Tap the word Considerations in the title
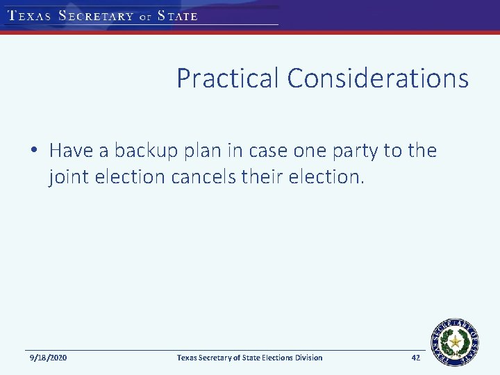[378, 78]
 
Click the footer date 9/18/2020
[49, 358]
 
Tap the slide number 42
[416, 358]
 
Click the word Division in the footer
[306, 358]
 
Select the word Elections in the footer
[267, 358]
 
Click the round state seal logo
[456, 340]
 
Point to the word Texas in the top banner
[29, 16]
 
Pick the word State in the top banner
[178, 16]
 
